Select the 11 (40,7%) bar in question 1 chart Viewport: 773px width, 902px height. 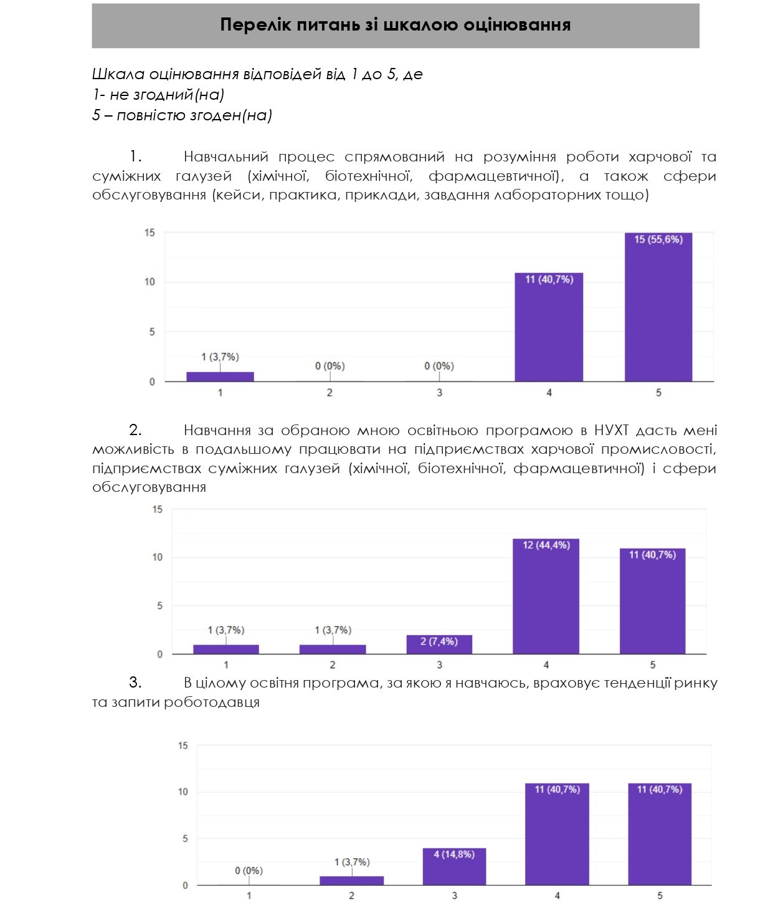pyautogui.click(x=549, y=327)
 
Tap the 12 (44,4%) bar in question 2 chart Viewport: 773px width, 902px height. pyautogui.click(x=546, y=597)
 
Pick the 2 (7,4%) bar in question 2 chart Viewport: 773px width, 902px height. pyautogui.click(x=439, y=645)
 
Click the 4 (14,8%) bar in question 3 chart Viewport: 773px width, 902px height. pyautogui.click(x=454, y=866)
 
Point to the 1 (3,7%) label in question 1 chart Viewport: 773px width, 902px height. pyautogui.click(x=220, y=357)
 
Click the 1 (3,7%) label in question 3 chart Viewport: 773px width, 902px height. pyautogui.click(x=352, y=862)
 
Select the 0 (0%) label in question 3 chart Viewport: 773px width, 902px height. pyautogui.click(x=249, y=871)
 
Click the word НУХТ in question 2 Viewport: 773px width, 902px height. pyautogui.click(x=611, y=431)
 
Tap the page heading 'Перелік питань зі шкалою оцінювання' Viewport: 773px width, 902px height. pyautogui.click(x=396, y=25)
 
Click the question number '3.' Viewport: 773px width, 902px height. pyautogui.click(x=135, y=683)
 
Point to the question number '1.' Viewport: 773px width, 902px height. pyautogui.click(x=136, y=157)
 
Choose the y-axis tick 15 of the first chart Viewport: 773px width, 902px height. pyautogui.click(x=149, y=233)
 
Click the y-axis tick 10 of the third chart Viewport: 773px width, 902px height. pyautogui.click(x=183, y=792)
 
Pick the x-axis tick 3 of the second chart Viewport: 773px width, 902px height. pyautogui.click(x=439, y=665)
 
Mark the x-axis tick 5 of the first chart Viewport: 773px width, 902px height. pyautogui.click(x=658, y=393)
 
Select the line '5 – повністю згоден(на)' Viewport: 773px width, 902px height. pyautogui.click(x=182, y=115)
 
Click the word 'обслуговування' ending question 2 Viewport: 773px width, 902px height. pyautogui.click(x=149, y=487)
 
